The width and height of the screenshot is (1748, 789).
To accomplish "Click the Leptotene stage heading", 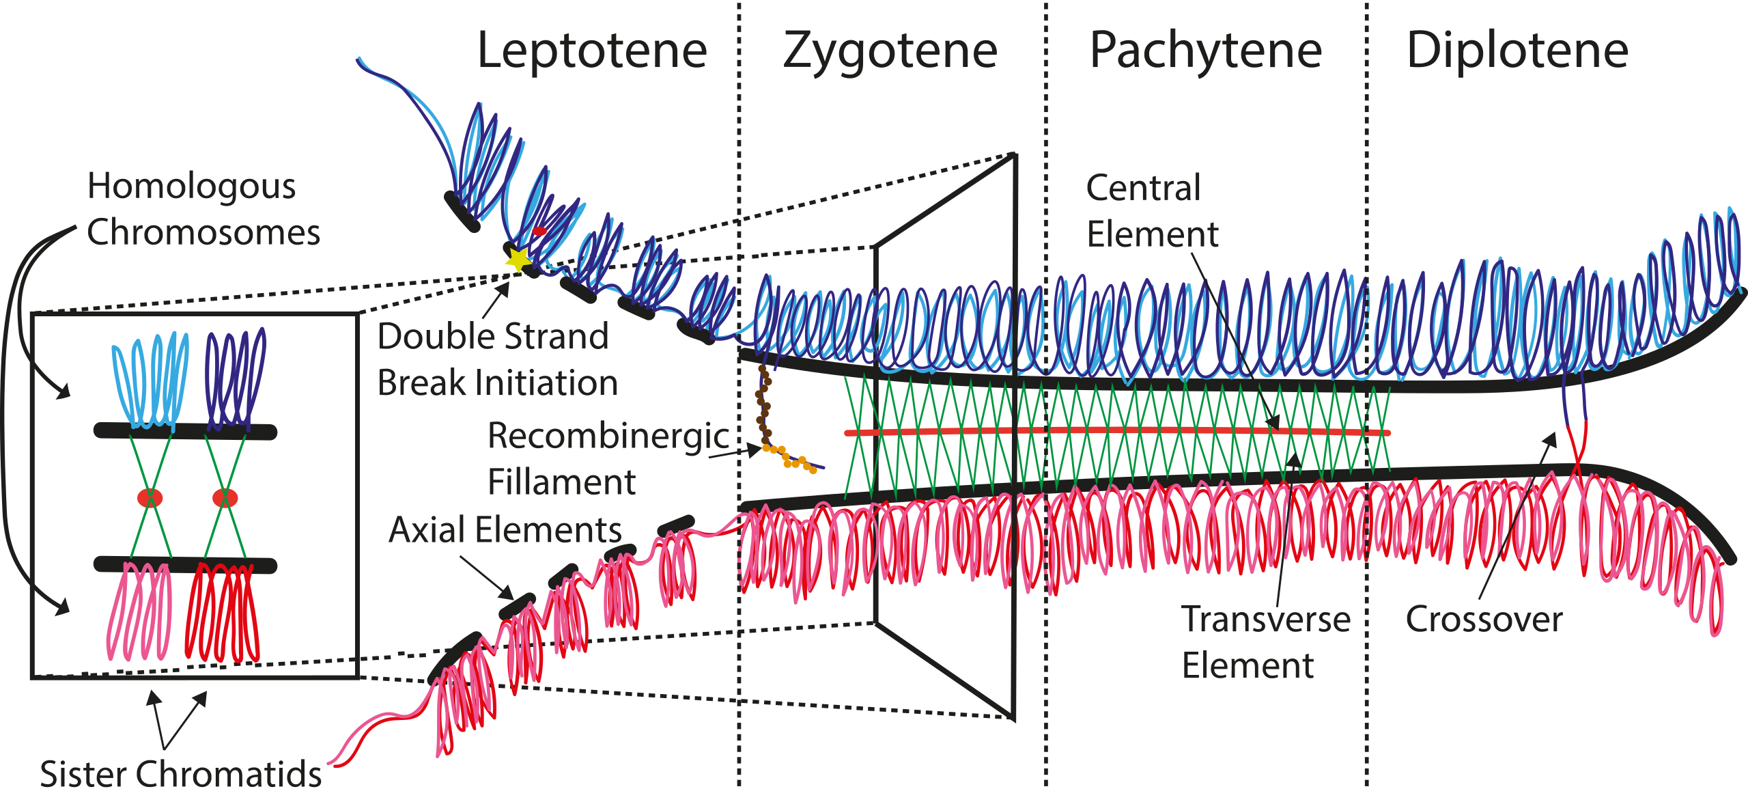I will pyautogui.click(x=591, y=51).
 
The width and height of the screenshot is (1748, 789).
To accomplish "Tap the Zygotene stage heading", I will pyautogui.click(x=890, y=51).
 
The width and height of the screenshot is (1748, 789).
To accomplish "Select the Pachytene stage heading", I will pyautogui.click(x=1206, y=51).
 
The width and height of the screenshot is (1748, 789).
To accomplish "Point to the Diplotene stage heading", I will pyautogui.click(x=1517, y=51).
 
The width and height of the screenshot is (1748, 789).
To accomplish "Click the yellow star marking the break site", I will pyautogui.click(x=518, y=260).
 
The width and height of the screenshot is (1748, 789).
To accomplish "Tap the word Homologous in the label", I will pyautogui.click(x=191, y=186).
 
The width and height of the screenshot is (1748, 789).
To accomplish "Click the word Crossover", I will pyautogui.click(x=1484, y=620).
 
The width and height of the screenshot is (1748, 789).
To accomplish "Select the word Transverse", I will pyautogui.click(x=1266, y=620).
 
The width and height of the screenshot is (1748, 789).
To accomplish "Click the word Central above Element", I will pyautogui.click(x=1143, y=188).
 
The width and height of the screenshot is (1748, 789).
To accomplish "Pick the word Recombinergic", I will pyautogui.click(x=608, y=435).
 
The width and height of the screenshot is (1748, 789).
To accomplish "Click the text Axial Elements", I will pyautogui.click(x=505, y=529).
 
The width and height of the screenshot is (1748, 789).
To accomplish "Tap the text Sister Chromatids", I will pyautogui.click(x=180, y=774).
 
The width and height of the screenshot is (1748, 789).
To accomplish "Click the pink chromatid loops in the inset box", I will pyautogui.click(x=140, y=611).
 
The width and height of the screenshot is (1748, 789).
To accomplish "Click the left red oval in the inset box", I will pyautogui.click(x=150, y=498).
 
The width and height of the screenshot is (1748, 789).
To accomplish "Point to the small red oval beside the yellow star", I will pyautogui.click(x=539, y=232).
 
